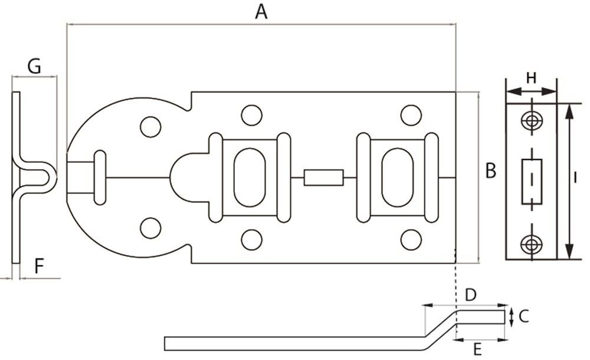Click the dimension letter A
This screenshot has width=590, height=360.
[261, 12]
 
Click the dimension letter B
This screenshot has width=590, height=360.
[491, 170]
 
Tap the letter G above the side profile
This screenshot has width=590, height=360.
[34, 67]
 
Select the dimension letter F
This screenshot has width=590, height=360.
[39, 266]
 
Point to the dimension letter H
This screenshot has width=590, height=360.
[531, 78]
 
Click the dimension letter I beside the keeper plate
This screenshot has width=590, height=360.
[575, 178]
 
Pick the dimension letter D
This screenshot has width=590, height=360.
[471, 295]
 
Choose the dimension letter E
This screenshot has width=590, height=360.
[477, 350]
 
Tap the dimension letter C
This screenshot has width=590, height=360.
[524, 316]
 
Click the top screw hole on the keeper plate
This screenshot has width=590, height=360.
[532, 121]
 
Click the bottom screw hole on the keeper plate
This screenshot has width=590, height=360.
[532, 244]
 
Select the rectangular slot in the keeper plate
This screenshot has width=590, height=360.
[532, 182]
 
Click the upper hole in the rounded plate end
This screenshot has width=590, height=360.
[150, 127]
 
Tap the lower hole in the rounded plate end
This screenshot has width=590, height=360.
[150, 228]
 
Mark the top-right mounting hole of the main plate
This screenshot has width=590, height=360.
[411, 115]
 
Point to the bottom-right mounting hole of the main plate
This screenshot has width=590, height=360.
[411, 240]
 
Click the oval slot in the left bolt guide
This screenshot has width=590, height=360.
[250, 178]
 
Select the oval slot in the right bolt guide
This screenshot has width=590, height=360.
[397, 178]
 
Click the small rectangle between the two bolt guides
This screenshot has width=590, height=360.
[323, 178]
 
